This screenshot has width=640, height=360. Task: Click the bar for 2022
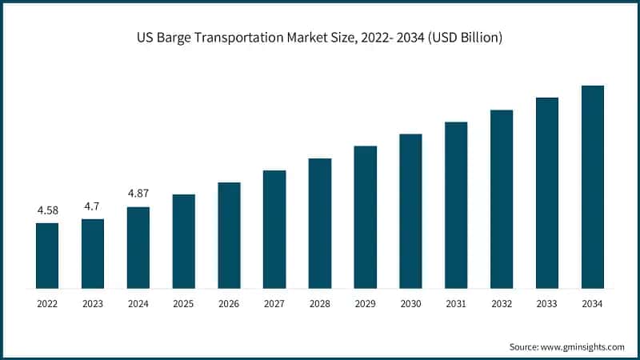click(x=47, y=255)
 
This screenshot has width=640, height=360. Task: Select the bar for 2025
click(x=183, y=241)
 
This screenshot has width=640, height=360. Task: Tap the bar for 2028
click(x=320, y=222)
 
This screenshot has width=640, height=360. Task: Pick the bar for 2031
click(x=456, y=205)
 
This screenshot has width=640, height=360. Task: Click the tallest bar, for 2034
click(x=592, y=186)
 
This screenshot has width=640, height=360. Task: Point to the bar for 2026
click(x=229, y=234)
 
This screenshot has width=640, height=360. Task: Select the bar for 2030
click(x=410, y=210)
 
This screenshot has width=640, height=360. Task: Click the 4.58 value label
click(x=47, y=211)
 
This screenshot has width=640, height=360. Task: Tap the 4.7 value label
click(x=93, y=206)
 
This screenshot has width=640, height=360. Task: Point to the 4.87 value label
click(x=138, y=194)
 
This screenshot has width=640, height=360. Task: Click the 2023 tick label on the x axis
click(x=93, y=304)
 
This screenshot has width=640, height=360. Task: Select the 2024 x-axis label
click(x=138, y=304)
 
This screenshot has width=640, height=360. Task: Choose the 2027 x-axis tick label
click(x=274, y=304)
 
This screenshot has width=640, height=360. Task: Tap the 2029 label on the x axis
click(x=365, y=304)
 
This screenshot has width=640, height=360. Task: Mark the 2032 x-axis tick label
click(x=502, y=304)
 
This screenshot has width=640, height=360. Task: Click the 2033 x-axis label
click(x=546, y=304)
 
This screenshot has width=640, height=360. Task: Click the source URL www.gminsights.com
click(x=581, y=346)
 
